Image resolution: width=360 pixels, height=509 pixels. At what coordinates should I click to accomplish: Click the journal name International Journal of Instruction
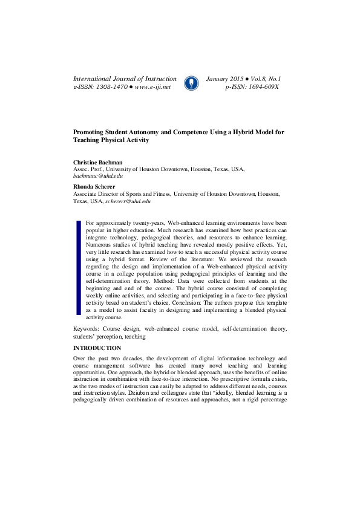(125, 79)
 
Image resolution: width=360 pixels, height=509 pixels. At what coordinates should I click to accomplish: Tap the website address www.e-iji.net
(153, 87)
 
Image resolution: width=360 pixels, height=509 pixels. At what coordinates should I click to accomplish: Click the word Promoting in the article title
(88, 131)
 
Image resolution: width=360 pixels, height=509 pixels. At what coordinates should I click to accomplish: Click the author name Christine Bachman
(97, 163)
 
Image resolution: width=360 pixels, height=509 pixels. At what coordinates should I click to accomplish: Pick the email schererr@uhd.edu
(131, 201)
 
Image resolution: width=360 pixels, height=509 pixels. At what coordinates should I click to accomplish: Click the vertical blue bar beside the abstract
(78, 267)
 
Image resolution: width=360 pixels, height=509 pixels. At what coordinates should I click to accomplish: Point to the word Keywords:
(87, 329)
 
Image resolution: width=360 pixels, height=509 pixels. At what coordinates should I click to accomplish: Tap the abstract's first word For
(91, 223)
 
